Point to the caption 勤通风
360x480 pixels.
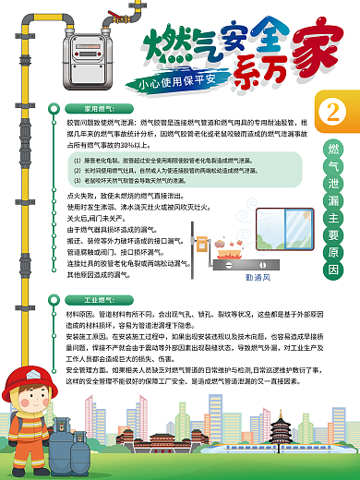(257, 275)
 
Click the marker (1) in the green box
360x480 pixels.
(78, 161)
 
